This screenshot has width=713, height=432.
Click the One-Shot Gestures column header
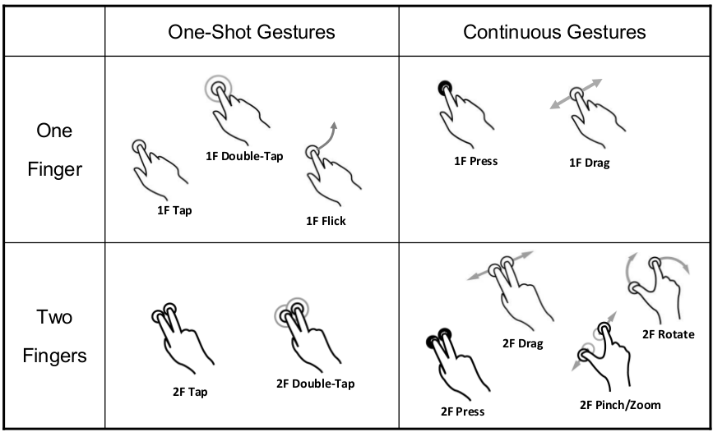tap(252, 32)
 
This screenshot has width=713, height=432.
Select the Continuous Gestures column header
tap(554, 32)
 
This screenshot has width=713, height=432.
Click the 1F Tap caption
tap(174, 209)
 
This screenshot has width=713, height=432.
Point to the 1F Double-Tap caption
tap(244, 155)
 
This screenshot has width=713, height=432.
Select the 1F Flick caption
tap(326, 220)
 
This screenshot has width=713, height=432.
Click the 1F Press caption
tap(475, 161)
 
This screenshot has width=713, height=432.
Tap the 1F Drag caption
tap(589, 163)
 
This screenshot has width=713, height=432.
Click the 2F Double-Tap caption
tap(315, 384)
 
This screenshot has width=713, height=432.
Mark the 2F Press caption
tap(462, 411)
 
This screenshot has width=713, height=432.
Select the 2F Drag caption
tap(522, 343)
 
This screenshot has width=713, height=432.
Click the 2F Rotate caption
tap(668, 334)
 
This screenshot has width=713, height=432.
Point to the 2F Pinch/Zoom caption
tap(619, 404)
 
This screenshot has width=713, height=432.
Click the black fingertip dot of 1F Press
tap(445, 86)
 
